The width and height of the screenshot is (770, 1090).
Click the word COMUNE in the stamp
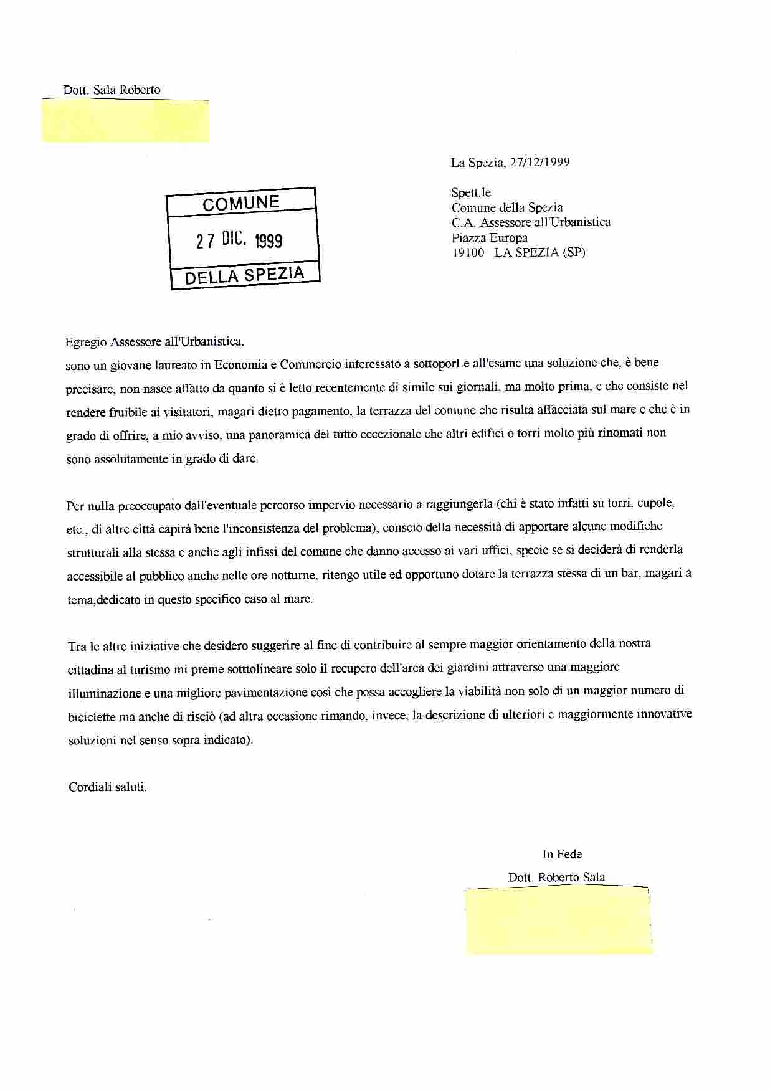tap(241, 202)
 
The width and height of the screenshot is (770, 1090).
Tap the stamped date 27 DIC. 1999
tap(240, 240)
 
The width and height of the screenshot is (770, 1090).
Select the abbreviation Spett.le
tap(471, 193)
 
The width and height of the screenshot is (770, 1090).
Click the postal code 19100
tap(468, 252)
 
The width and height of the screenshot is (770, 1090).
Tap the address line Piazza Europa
tap(490, 237)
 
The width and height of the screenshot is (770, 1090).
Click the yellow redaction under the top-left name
tap(126, 121)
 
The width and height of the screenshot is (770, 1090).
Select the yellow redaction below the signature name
tap(558, 921)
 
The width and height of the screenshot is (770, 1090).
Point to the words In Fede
tap(562, 854)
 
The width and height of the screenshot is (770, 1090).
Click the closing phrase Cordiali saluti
tap(108, 787)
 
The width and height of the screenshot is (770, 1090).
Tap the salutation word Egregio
tap(86, 341)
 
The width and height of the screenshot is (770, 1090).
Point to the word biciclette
tap(92, 717)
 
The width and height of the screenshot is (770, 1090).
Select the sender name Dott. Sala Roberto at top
tap(112, 90)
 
